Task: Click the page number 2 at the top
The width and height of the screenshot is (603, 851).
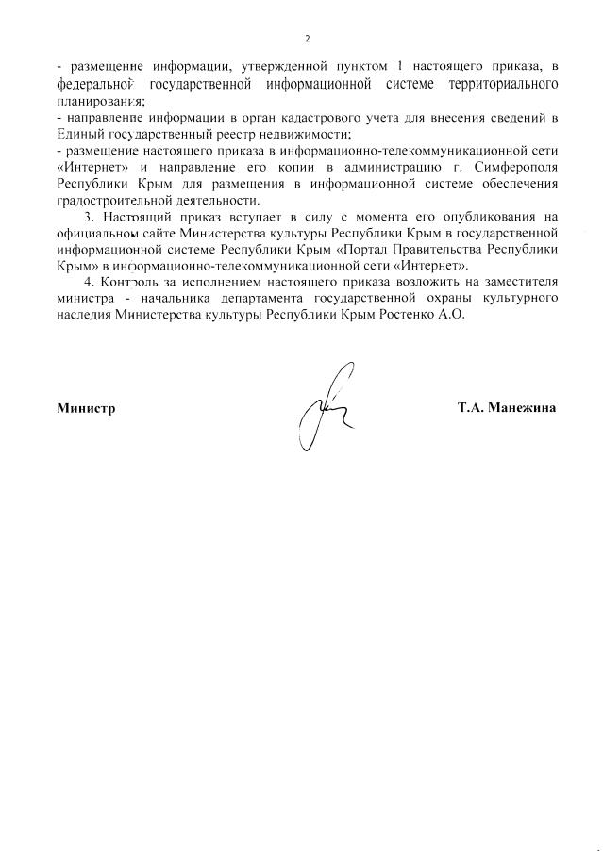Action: [x=307, y=39]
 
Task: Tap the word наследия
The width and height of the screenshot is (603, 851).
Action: [x=81, y=315]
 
